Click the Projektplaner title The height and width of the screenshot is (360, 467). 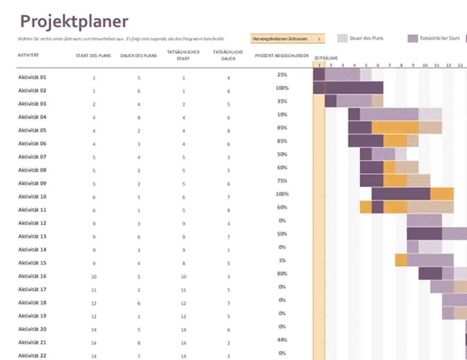[x=74, y=21]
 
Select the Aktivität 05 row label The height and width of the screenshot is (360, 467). [x=32, y=130]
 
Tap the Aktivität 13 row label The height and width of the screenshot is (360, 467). [x=32, y=236]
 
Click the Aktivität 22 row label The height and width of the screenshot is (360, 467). [x=32, y=355]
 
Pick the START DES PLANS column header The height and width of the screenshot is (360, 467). [x=94, y=56]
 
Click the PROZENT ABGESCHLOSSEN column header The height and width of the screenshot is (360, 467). [x=282, y=56]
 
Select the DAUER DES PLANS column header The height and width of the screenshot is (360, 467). [x=139, y=56]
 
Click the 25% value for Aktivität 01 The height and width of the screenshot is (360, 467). [x=282, y=75]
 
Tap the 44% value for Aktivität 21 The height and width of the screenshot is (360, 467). [x=282, y=340]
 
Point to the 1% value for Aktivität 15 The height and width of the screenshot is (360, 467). [x=282, y=260]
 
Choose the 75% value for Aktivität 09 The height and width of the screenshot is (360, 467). [x=282, y=181]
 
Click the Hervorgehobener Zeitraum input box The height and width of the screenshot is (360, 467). [x=319, y=39]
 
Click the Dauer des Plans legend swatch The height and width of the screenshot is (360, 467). [x=342, y=39]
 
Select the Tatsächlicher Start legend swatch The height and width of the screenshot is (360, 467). [x=413, y=39]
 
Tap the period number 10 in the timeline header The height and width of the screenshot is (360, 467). [x=425, y=65]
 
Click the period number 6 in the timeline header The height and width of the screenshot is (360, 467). [x=377, y=65]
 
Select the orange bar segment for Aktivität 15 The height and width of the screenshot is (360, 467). [x=401, y=260]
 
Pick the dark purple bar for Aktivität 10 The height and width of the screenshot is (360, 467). [x=400, y=194]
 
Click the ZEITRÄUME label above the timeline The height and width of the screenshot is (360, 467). [x=326, y=58]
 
